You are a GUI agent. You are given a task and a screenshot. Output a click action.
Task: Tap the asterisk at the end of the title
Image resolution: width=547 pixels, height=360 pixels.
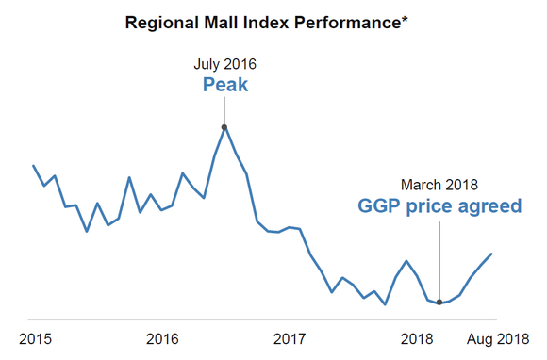[x=406, y=18]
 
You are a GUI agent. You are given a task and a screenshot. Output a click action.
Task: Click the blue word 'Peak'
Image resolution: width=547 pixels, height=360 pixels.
[x=224, y=86]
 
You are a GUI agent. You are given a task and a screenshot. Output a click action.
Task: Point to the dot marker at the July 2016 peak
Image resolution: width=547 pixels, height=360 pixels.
[x=224, y=126]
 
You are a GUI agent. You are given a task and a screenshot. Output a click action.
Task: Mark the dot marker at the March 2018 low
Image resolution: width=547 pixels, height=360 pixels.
[x=439, y=303]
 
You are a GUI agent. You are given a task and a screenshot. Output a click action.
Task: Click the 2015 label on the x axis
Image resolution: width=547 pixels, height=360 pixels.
[x=36, y=338]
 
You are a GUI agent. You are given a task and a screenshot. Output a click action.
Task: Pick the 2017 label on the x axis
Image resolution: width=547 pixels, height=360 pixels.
[x=289, y=338]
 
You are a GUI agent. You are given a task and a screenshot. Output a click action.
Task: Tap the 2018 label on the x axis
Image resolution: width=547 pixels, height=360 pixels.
[x=416, y=338]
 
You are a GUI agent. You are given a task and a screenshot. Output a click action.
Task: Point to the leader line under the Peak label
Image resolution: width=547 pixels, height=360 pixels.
[x=224, y=111]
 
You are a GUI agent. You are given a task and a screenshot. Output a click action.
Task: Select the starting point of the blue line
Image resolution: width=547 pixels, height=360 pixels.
[x=34, y=166]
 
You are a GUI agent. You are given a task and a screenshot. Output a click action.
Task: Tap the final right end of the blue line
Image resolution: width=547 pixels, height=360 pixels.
[x=492, y=254]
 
